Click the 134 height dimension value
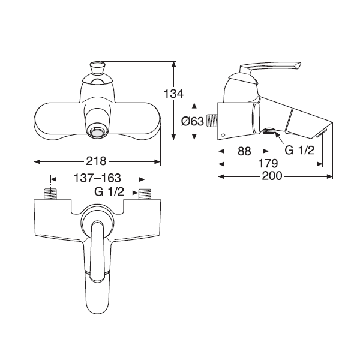click(173, 94)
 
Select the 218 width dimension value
click(96, 161)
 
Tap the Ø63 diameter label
click(193, 121)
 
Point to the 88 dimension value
click(244, 151)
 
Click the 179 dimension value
click(268, 164)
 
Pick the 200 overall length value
click(272, 176)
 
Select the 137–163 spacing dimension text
click(97, 178)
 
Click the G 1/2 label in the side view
click(299, 151)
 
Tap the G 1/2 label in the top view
click(109, 192)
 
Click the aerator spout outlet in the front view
click(97, 133)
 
